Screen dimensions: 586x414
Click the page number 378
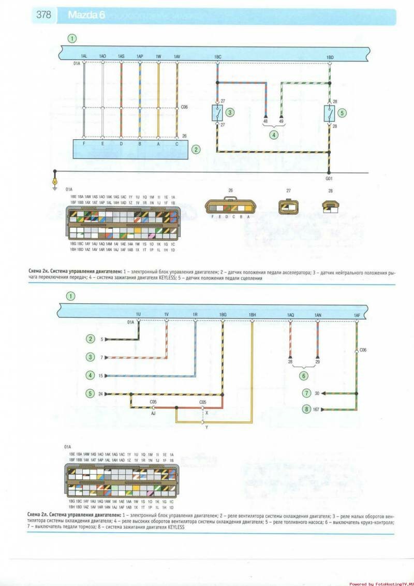tap(43, 15)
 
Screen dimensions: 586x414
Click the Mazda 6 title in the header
tap(86, 16)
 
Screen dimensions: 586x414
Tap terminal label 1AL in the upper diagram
tap(84, 56)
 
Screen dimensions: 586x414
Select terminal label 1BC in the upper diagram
tap(217, 56)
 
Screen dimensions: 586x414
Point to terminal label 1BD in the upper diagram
tap(330, 56)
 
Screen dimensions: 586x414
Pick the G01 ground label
tap(329, 178)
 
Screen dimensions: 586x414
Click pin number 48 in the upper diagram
tap(265, 121)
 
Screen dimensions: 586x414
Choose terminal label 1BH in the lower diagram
tap(253, 315)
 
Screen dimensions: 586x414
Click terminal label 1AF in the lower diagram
tap(357, 315)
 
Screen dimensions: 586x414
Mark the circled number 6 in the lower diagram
tap(303, 376)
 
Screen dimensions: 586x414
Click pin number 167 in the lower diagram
tap(317, 409)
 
